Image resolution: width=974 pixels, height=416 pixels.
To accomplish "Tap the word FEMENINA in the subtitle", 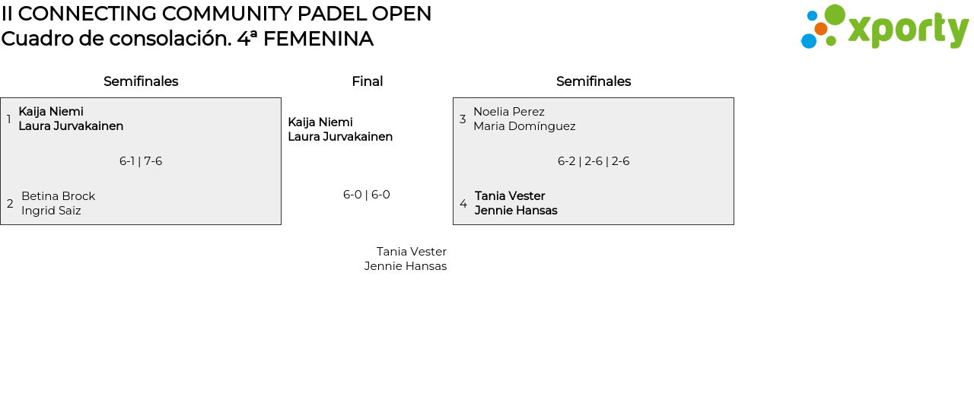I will pos(318,39).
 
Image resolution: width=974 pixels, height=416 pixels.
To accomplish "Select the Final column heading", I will pos(367,81).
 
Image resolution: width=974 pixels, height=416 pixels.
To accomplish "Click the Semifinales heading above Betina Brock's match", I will pos(141,81).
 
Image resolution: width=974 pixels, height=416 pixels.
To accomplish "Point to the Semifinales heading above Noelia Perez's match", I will pos(594,81).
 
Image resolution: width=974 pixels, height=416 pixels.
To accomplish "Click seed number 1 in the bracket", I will pos(8,119).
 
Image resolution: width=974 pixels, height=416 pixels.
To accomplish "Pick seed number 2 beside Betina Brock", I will pos(10,204).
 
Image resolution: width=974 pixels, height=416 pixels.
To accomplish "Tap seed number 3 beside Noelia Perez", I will pos(463,119).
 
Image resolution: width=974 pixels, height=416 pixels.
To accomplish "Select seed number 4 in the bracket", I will pos(463,204).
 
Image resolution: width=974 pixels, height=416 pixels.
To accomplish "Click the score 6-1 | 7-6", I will pos(141,161).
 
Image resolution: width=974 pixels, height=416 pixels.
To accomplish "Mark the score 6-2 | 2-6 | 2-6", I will pos(594,161).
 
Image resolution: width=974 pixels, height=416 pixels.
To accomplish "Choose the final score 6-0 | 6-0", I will pos(367,195).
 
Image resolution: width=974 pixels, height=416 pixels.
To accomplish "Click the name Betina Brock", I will pos(58,196).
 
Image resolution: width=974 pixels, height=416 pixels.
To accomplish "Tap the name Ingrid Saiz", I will pos(51,211).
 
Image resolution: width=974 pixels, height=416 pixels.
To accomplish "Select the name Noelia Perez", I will pos(509,112).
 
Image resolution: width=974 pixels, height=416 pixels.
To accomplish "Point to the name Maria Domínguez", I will pos(524,126).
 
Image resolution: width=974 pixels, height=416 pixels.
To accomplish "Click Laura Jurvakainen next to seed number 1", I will pos(71,126).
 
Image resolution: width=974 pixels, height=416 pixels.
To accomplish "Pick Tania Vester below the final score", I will pos(412,252).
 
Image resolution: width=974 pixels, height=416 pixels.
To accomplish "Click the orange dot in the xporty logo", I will pos(821,29).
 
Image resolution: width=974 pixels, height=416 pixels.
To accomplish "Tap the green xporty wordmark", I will pos(908,30).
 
